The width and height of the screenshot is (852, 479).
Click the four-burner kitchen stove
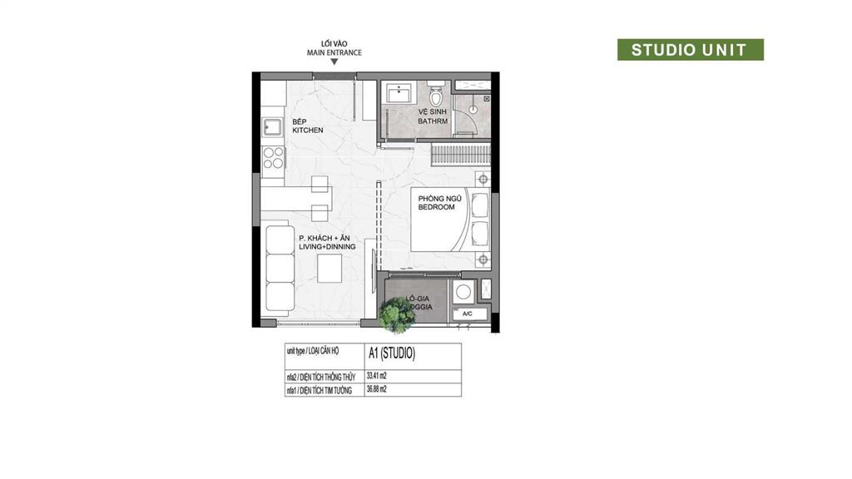pos(273,158)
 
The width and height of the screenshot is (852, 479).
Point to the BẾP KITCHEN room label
pos(307,126)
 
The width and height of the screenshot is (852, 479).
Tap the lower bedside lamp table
pos(483,259)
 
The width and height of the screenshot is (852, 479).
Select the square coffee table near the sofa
pos(331,268)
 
